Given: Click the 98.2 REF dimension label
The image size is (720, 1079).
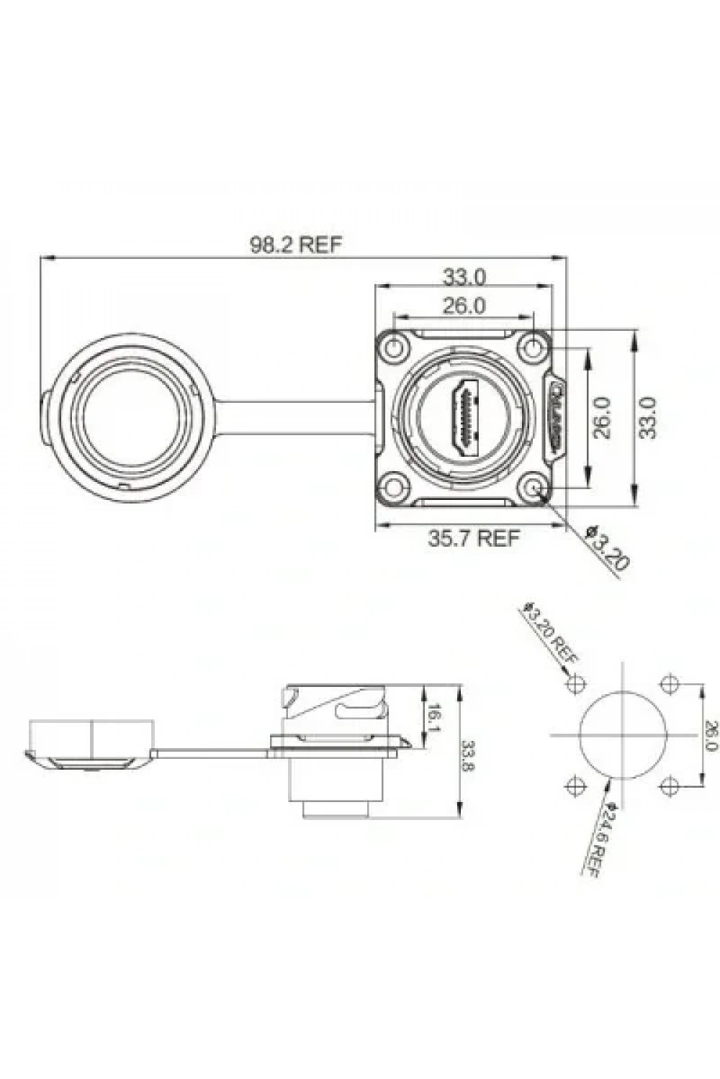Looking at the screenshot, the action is pyautogui.click(x=295, y=245).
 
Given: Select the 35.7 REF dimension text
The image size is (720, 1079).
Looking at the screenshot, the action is pyautogui.click(x=474, y=537).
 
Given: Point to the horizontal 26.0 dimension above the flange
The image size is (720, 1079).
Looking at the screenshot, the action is pyautogui.click(x=464, y=306).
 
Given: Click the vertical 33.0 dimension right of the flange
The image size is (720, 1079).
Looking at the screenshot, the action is pyautogui.click(x=648, y=417).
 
